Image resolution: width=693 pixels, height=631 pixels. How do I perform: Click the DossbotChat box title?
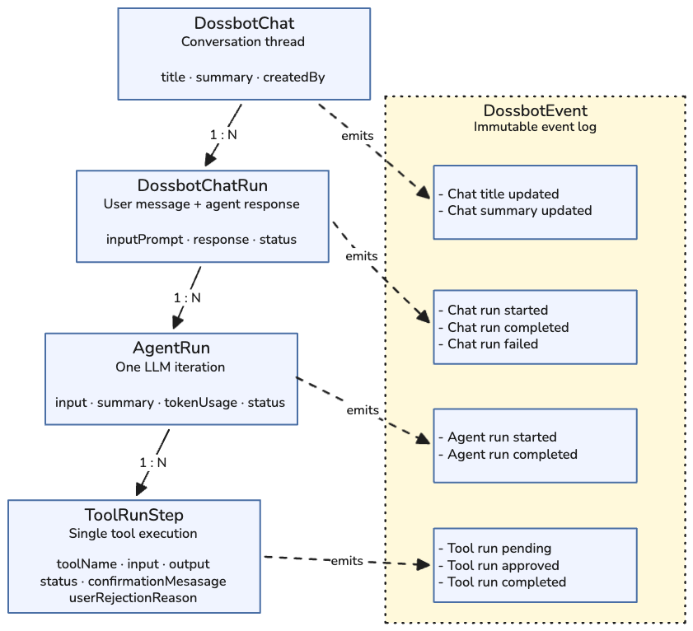pyautogui.click(x=243, y=23)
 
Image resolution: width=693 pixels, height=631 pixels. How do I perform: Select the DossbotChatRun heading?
pyautogui.click(x=202, y=185)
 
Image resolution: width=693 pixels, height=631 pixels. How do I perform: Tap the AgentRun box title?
pyautogui.click(x=171, y=348)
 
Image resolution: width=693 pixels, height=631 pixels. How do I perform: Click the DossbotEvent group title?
pyautogui.click(x=535, y=111)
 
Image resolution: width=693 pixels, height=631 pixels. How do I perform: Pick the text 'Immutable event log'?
pyautogui.click(x=535, y=127)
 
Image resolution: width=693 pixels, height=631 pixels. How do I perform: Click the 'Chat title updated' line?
pyautogui.click(x=503, y=194)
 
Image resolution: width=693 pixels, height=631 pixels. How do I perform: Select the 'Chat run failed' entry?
pyautogui.click(x=492, y=344)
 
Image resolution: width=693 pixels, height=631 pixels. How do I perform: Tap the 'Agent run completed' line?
pyautogui.click(x=512, y=454)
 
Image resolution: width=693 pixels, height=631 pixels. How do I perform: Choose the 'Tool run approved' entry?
pyautogui.click(x=503, y=565)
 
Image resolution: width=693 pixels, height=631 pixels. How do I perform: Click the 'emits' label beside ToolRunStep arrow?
pyautogui.click(x=346, y=561)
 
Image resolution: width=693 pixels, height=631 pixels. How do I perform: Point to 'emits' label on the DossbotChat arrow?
pyautogui.click(x=357, y=135)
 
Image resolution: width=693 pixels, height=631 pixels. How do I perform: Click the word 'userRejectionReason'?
pyautogui.click(x=133, y=597)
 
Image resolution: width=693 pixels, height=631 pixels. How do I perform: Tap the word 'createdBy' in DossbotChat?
pyautogui.click(x=293, y=77)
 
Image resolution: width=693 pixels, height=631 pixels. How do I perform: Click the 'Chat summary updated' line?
pyautogui.click(x=519, y=210)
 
